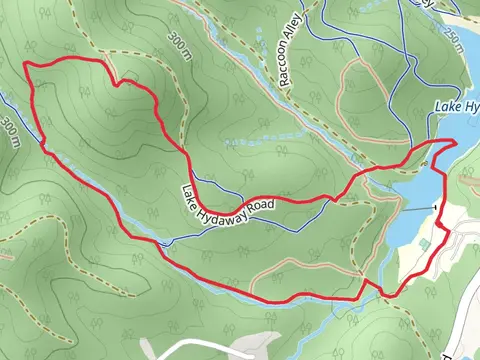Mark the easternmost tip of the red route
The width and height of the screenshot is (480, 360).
pos(455,143)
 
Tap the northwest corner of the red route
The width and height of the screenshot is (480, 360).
pos(26,65)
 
